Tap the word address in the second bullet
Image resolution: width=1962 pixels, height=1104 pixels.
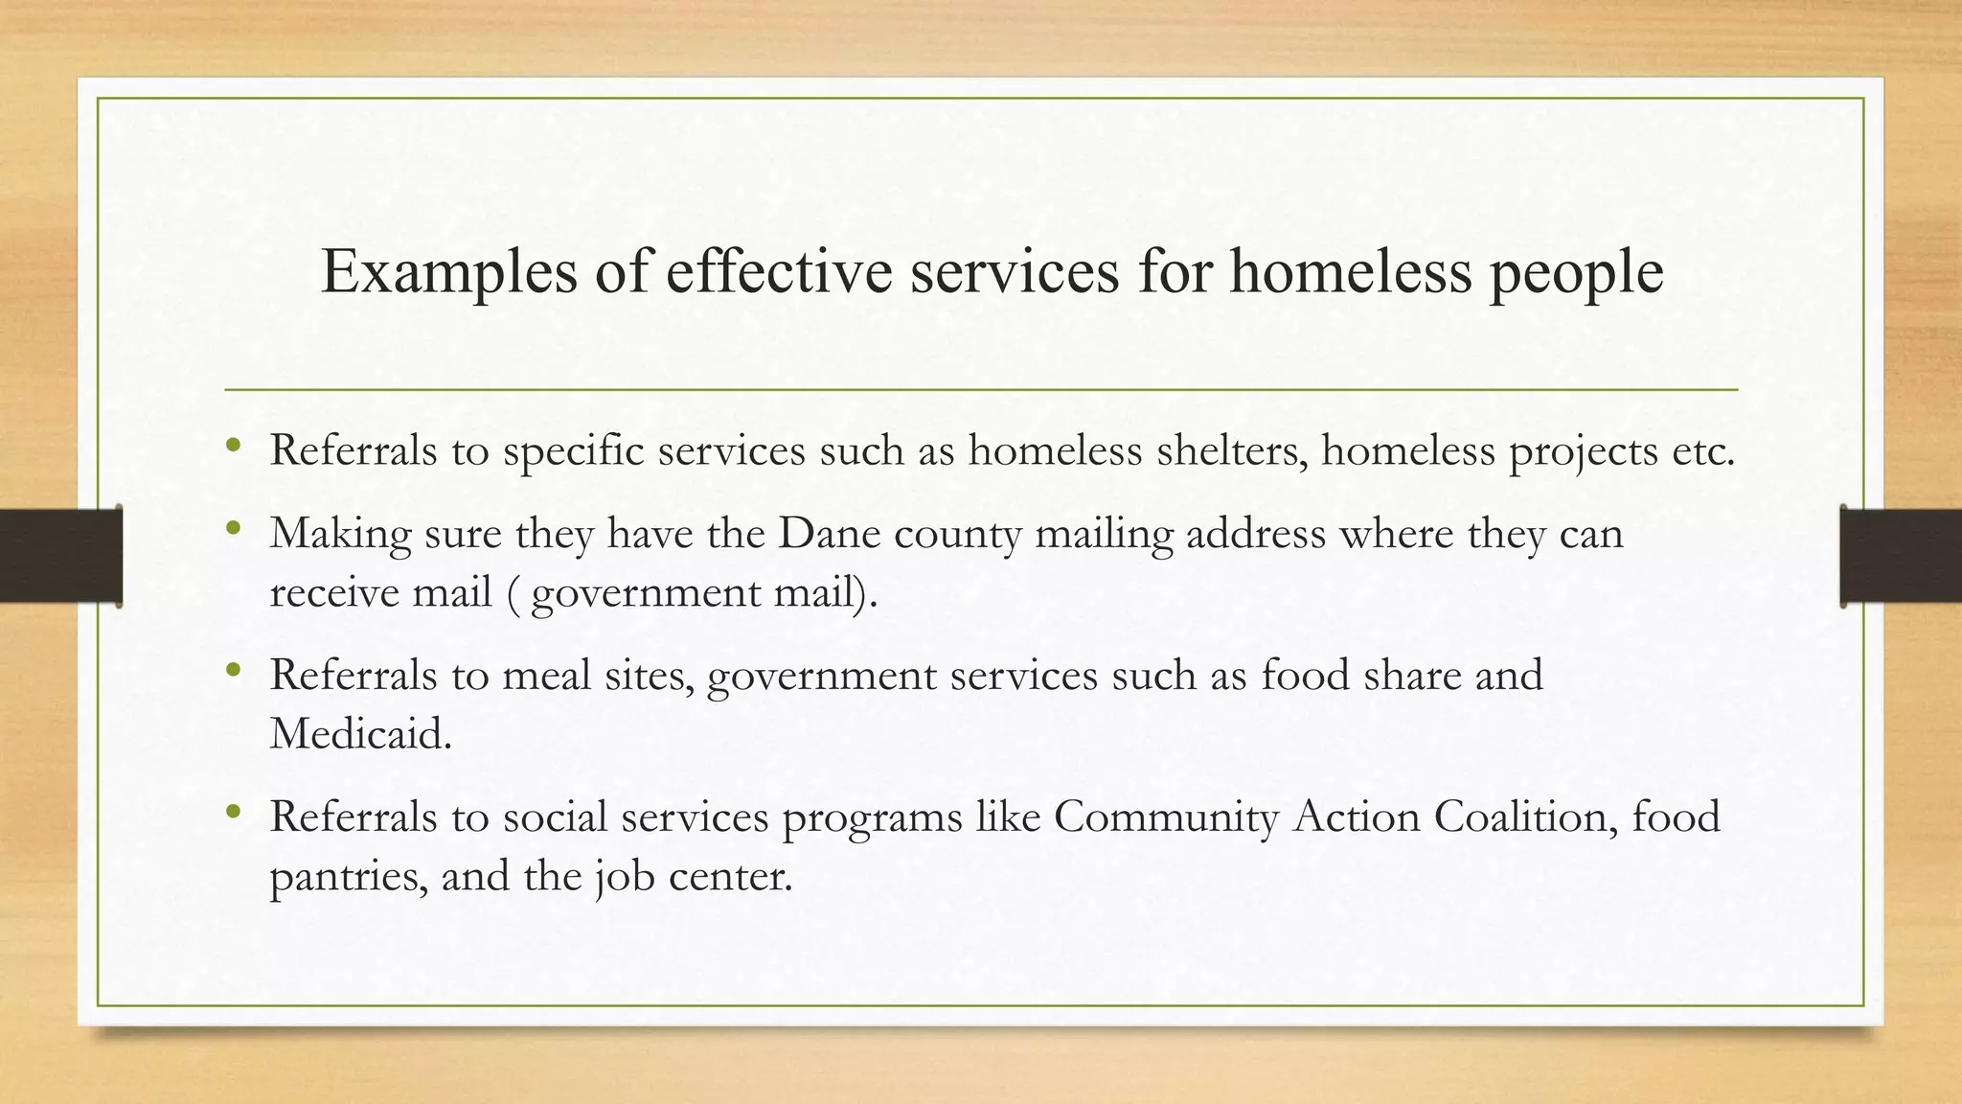point(1256,533)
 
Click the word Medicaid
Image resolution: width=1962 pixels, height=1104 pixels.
point(360,734)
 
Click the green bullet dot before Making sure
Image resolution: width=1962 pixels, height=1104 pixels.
point(234,528)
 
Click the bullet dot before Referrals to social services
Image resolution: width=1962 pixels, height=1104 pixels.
point(234,812)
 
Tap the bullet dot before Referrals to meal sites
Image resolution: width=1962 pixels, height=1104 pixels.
point(234,670)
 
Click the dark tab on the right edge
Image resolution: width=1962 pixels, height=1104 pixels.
point(1901,556)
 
